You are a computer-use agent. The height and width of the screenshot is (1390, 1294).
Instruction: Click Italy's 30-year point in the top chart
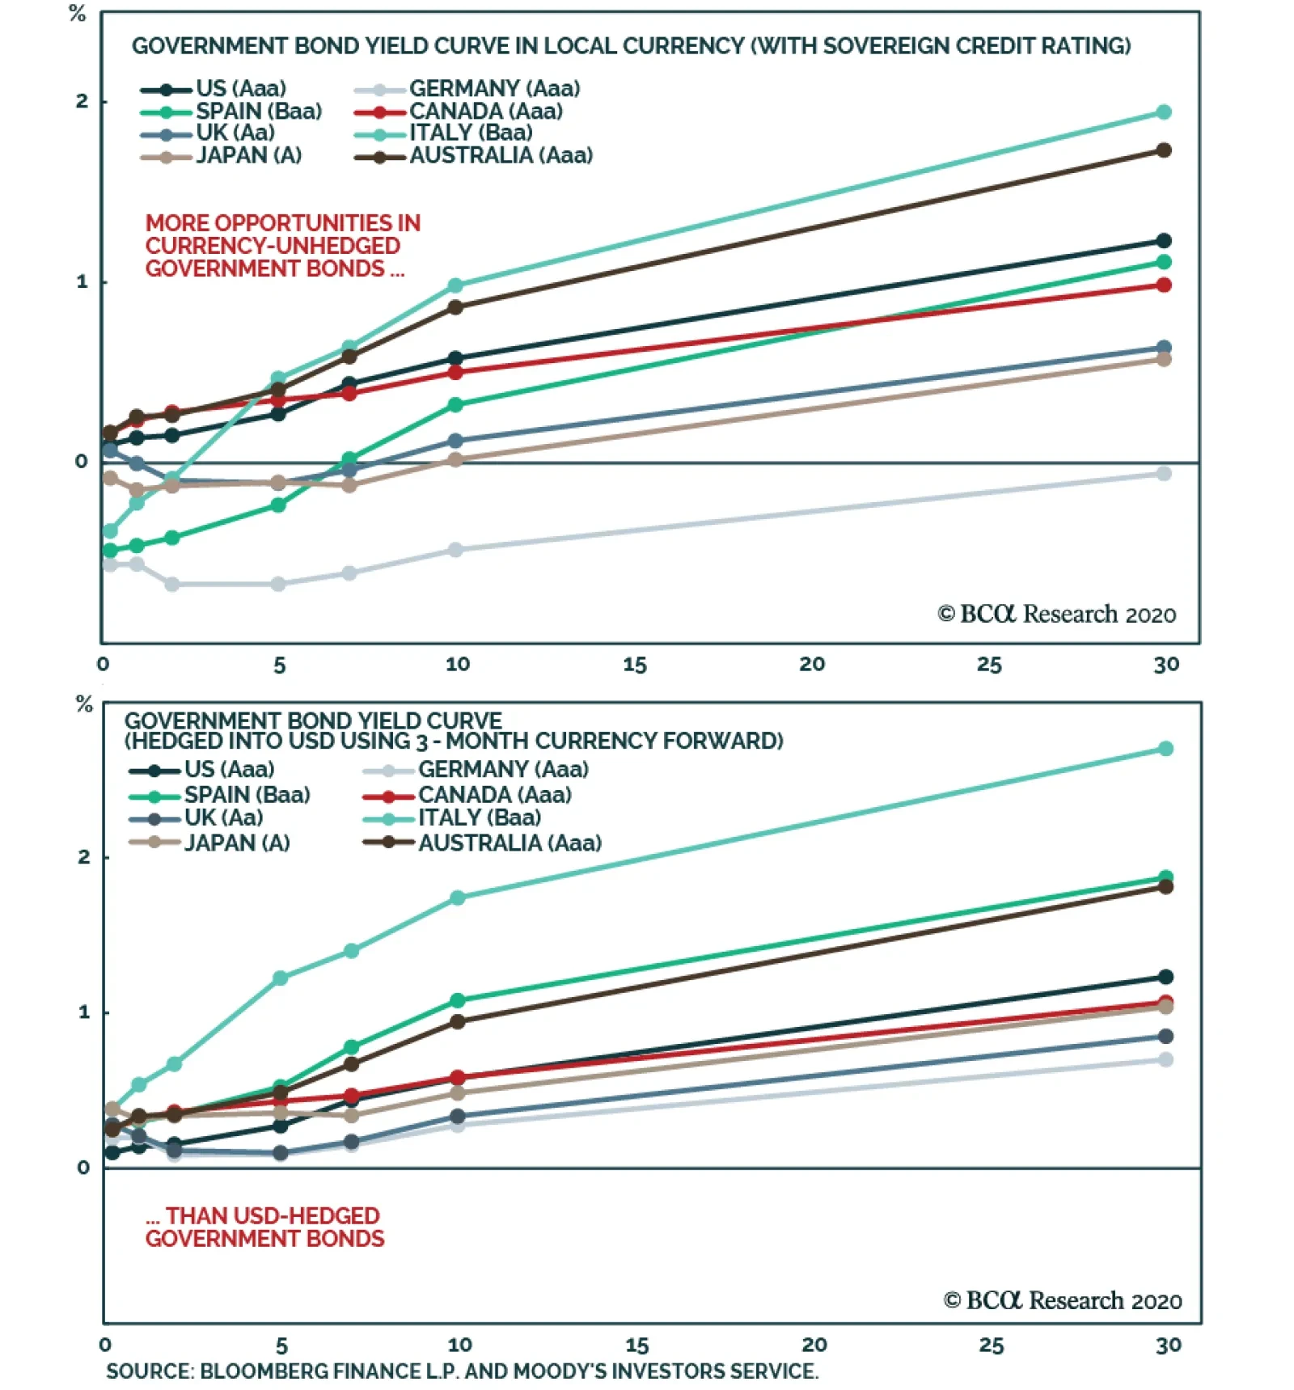[x=1164, y=112]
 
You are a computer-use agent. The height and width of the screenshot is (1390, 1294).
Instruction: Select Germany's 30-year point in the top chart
[x=1164, y=474]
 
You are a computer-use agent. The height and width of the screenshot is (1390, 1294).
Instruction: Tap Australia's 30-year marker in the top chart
[x=1164, y=150]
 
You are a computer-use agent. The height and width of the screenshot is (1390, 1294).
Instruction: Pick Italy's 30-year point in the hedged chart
[x=1165, y=749]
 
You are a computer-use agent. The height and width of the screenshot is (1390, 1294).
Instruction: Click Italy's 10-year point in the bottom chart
[x=457, y=898]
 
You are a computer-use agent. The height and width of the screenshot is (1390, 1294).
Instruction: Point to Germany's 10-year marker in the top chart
[x=455, y=550]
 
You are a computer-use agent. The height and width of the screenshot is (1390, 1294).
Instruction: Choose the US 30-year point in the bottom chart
[x=1165, y=977]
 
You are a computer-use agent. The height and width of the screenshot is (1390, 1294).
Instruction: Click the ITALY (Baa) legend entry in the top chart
[x=471, y=133]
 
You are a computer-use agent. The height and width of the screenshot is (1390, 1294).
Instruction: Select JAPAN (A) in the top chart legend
[x=248, y=155]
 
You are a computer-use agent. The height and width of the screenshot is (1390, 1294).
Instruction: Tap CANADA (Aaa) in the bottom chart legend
[x=494, y=795]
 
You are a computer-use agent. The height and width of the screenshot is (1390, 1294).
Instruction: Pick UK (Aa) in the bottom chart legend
[x=223, y=818]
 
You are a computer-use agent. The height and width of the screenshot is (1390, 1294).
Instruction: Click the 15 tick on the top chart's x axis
[x=635, y=665]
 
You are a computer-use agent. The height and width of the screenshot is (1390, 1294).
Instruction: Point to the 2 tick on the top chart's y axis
[x=82, y=102]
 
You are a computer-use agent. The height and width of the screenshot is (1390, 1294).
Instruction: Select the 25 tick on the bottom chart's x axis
[x=992, y=1346]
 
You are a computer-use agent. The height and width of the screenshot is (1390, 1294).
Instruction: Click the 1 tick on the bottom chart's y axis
[x=84, y=1012]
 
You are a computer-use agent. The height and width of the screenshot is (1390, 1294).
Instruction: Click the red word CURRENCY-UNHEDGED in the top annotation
[x=273, y=246]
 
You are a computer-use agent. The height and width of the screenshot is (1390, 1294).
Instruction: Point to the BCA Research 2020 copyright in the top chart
[x=1056, y=615]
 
